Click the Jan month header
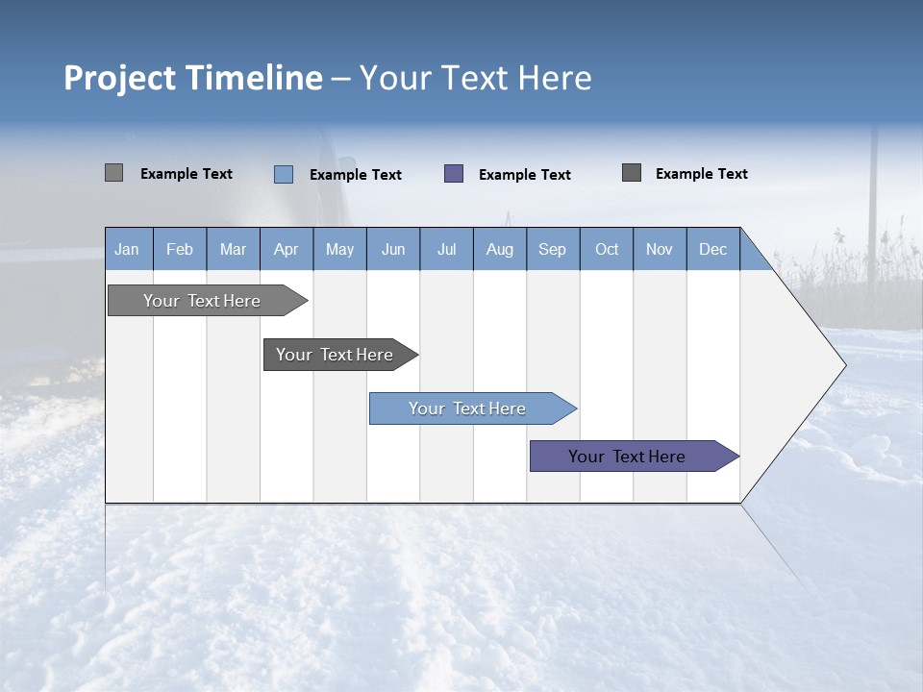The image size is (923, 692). pyautogui.click(x=127, y=249)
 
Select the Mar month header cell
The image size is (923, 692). pyautogui.click(x=233, y=249)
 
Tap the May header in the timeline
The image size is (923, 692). pyautogui.click(x=339, y=249)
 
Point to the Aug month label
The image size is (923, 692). pyautogui.click(x=499, y=249)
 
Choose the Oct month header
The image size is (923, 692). pyautogui.click(x=607, y=249)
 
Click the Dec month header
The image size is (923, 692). pyautogui.click(x=712, y=249)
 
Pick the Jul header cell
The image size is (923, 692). pyautogui.click(x=446, y=249)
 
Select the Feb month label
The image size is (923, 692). pyautogui.click(x=180, y=249)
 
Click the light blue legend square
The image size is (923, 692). pyautogui.click(x=284, y=174)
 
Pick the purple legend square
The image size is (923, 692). pyautogui.click(x=454, y=174)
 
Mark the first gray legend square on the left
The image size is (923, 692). pyautogui.click(x=113, y=173)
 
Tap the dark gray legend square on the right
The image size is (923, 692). pyautogui.click(x=632, y=173)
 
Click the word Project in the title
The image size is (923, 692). pyautogui.click(x=121, y=78)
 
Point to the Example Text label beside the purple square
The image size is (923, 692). pyautogui.click(x=524, y=175)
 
